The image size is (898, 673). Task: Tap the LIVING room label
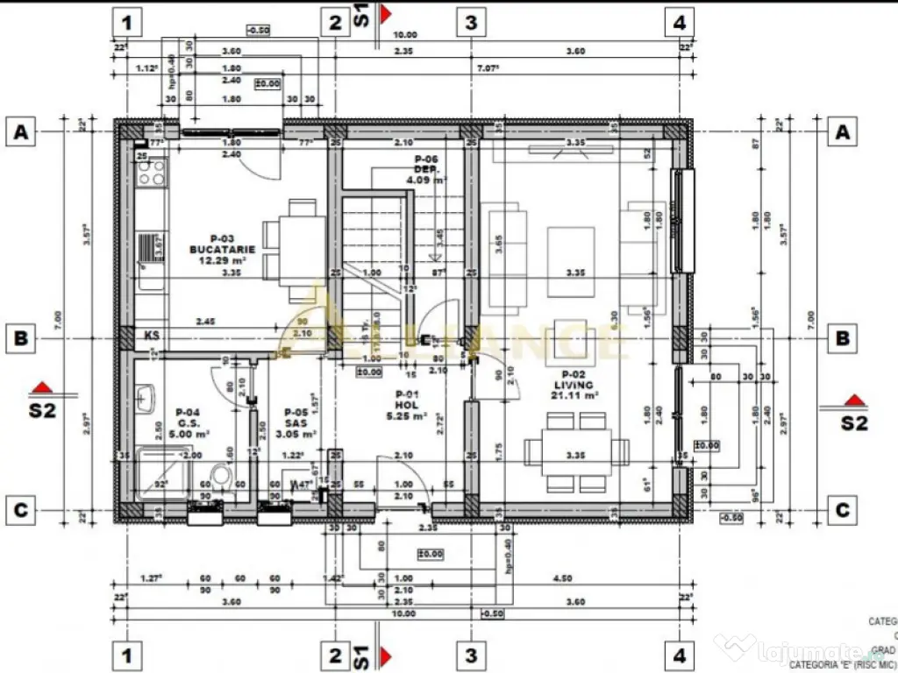pyautogui.click(x=574, y=385)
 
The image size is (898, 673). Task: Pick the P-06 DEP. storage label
pyautogui.click(x=426, y=169)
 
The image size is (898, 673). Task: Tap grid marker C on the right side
pyautogui.click(x=843, y=510)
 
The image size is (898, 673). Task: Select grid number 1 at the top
pyautogui.click(x=128, y=22)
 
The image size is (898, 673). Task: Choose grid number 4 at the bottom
pyautogui.click(x=680, y=655)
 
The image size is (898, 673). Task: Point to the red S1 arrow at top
pyautogui.click(x=385, y=16)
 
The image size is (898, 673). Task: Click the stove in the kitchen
pyautogui.click(x=152, y=171)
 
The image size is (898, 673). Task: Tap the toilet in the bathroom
pyautogui.click(x=223, y=478)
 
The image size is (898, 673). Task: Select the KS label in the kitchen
pyautogui.click(x=152, y=335)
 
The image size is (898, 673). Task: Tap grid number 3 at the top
pyautogui.click(x=471, y=22)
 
